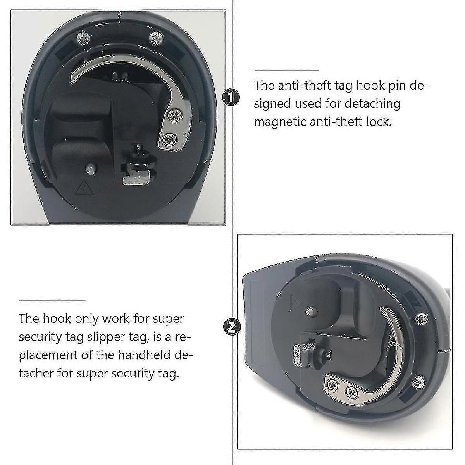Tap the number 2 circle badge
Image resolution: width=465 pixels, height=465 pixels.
pyautogui.click(x=231, y=328)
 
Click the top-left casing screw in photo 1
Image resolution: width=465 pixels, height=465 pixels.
pyautogui.click(x=83, y=38)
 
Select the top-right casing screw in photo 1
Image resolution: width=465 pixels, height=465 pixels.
pyautogui.click(x=155, y=37)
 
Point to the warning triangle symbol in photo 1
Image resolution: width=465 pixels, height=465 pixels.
pyautogui.click(x=83, y=189)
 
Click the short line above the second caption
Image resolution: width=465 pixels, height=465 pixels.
pyautogui.click(x=52, y=300)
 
